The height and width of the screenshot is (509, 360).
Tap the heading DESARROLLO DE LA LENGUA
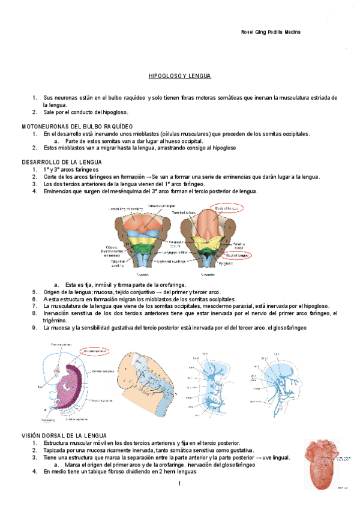tap(62, 163)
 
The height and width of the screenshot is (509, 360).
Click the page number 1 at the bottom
tap(179, 484)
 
